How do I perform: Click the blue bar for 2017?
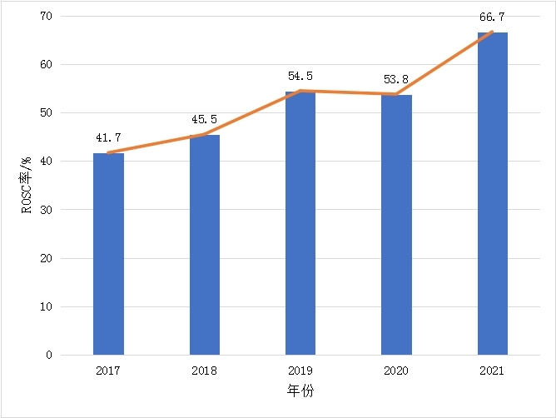[108, 254]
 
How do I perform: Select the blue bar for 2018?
[205, 245]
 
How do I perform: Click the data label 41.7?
[108, 137]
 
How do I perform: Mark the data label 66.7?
[492, 17]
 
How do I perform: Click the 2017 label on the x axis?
[108, 371]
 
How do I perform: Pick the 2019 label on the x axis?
[300, 371]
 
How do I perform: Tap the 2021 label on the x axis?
[493, 371]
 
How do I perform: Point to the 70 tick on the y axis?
[45, 17]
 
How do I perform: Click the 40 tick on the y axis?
[45, 162]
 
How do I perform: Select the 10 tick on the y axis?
[45, 306]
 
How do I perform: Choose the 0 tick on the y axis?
[48, 356]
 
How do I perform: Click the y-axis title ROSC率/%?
[26, 186]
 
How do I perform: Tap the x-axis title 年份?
[301, 391]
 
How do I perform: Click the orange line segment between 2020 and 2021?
[444, 63]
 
